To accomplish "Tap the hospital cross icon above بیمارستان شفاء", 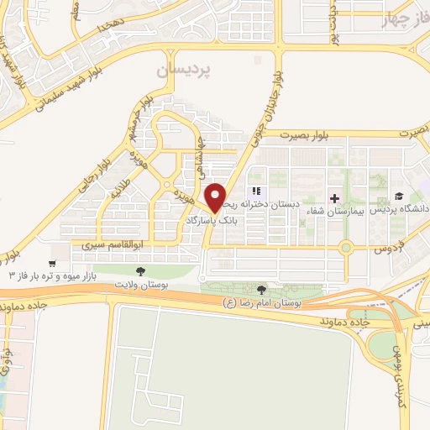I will (x=335, y=199).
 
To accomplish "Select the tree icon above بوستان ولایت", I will (x=141, y=270).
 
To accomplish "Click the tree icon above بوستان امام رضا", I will (x=261, y=289).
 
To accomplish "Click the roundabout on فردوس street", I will (x=346, y=248).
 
